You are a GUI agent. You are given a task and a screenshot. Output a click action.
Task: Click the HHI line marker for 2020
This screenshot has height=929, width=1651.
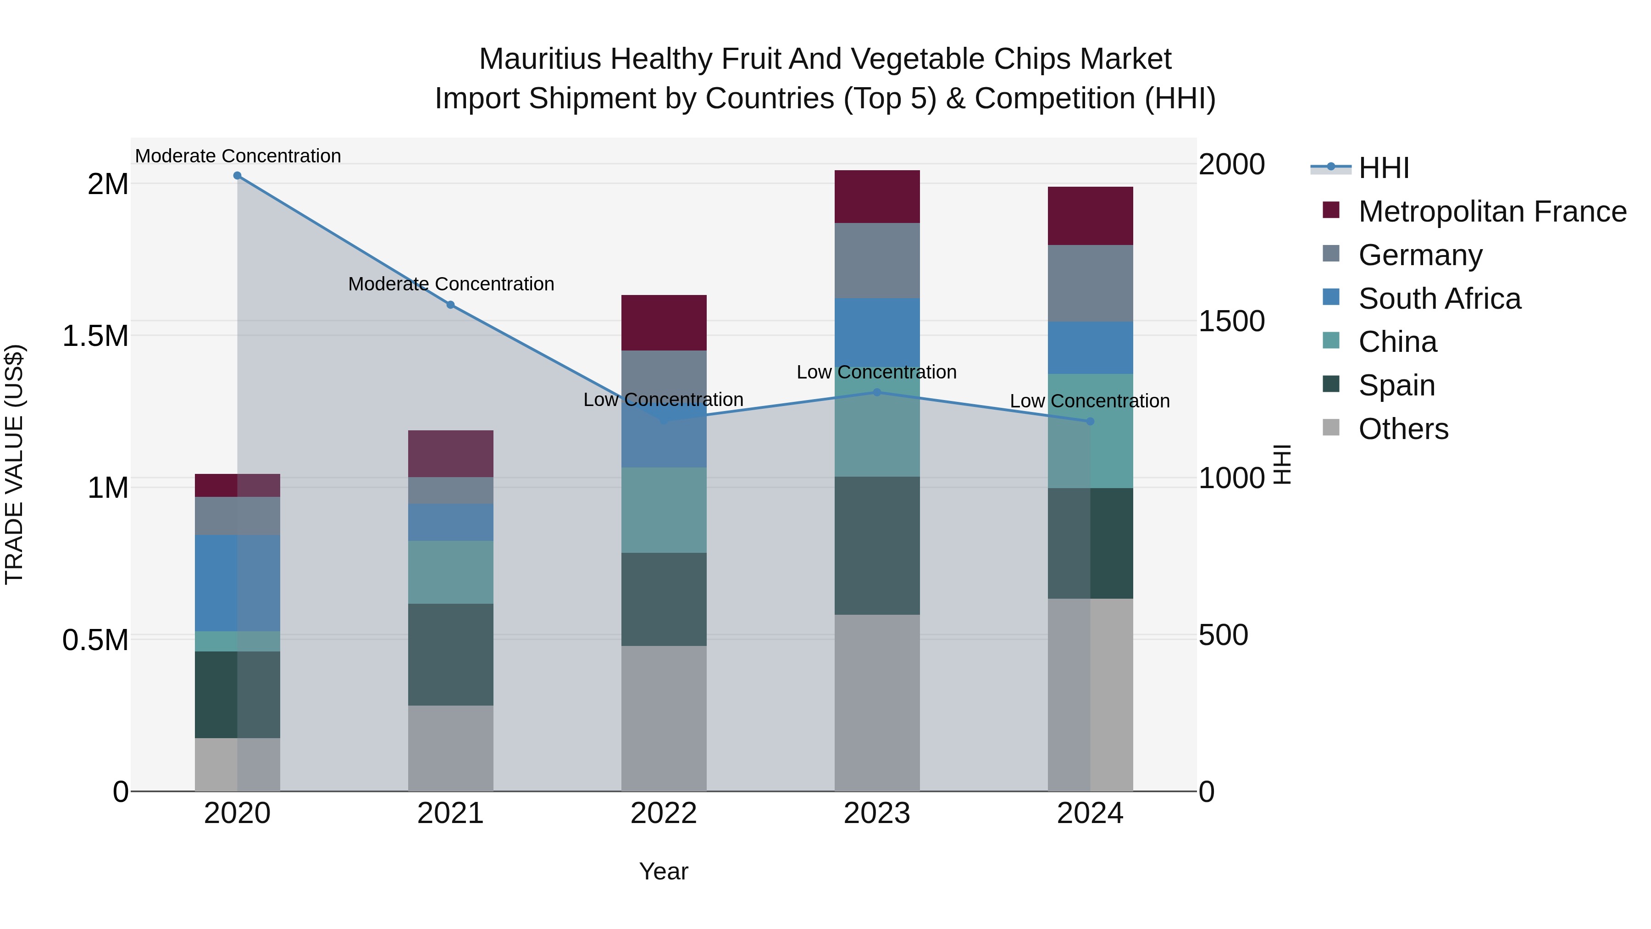(237, 176)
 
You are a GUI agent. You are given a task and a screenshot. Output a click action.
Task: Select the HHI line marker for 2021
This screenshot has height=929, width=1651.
(450, 305)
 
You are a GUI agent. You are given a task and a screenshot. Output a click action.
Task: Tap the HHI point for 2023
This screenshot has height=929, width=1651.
(877, 392)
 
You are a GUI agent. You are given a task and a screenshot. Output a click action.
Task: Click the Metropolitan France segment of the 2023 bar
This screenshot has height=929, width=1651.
(877, 197)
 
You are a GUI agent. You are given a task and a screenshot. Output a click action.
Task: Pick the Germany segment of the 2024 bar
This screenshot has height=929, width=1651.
(1090, 284)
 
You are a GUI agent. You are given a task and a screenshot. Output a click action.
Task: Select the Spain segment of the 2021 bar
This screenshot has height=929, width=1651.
(450, 655)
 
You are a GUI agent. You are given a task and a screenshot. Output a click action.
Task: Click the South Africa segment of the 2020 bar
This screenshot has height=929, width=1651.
(237, 584)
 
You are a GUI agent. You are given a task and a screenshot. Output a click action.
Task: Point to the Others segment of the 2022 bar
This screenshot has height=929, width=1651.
(664, 718)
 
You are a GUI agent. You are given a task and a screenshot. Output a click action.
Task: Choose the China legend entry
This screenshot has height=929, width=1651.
(1397, 342)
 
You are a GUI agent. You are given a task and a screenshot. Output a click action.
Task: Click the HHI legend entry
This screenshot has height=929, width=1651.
(1383, 168)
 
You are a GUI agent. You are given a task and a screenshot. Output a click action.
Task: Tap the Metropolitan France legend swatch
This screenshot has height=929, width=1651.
(1331, 210)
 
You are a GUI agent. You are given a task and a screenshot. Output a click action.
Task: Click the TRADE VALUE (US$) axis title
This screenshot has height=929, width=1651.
(14, 464)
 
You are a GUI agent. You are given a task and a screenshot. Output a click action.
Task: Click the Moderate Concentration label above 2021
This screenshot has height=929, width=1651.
(450, 284)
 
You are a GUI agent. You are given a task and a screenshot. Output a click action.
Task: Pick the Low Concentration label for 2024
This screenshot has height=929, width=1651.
(1090, 401)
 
